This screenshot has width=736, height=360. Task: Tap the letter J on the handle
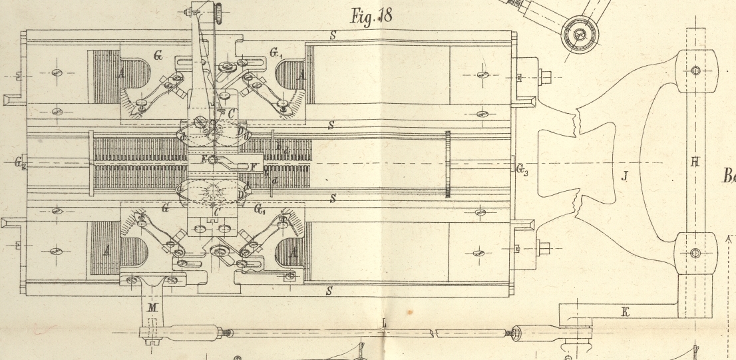pyautogui.click(x=624, y=176)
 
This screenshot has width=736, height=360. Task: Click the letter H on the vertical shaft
pyautogui.click(x=694, y=162)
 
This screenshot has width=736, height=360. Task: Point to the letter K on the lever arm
pyautogui.click(x=624, y=311)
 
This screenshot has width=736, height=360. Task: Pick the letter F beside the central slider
pyautogui.click(x=252, y=166)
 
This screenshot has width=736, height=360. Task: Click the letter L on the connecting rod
pyautogui.click(x=384, y=323)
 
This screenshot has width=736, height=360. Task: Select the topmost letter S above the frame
pyautogui.click(x=331, y=35)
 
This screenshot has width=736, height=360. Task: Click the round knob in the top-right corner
pyautogui.click(x=580, y=31)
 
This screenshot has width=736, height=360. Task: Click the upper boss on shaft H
pyautogui.click(x=695, y=71)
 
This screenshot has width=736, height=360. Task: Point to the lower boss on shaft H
pyautogui.click(x=695, y=253)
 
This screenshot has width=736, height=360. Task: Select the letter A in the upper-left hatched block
pyautogui.click(x=122, y=75)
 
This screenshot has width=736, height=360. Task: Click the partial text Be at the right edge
pyautogui.click(x=729, y=176)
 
